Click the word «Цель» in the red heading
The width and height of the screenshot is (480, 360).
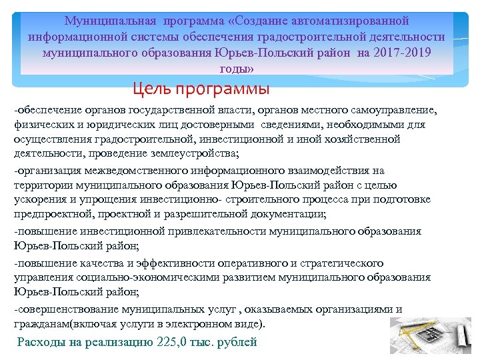point(151,88)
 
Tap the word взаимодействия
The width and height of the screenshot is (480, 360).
point(330,170)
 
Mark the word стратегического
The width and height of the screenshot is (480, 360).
point(346,263)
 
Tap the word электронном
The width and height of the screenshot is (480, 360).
point(209,325)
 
